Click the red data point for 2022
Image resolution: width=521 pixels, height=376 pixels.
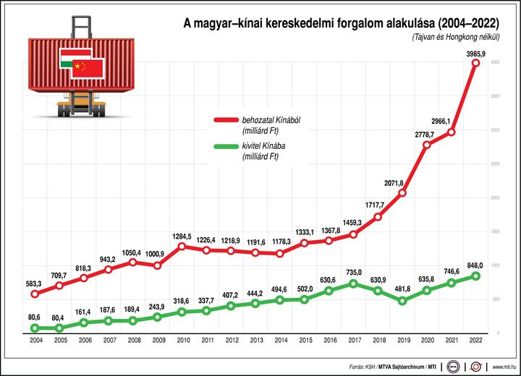tap(475, 63)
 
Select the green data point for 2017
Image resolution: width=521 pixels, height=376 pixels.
tap(354, 283)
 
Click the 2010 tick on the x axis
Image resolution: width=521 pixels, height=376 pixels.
tap(182, 339)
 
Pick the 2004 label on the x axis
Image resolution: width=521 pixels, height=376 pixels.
tap(34, 339)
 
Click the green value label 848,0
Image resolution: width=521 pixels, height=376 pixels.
tap(475, 264)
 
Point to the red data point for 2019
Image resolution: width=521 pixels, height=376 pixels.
tap(402, 193)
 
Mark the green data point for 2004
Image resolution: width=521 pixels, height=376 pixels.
tap(34, 328)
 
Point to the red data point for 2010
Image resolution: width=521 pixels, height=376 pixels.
tap(182, 247)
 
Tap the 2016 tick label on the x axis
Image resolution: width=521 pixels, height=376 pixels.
tap(329, 339)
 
